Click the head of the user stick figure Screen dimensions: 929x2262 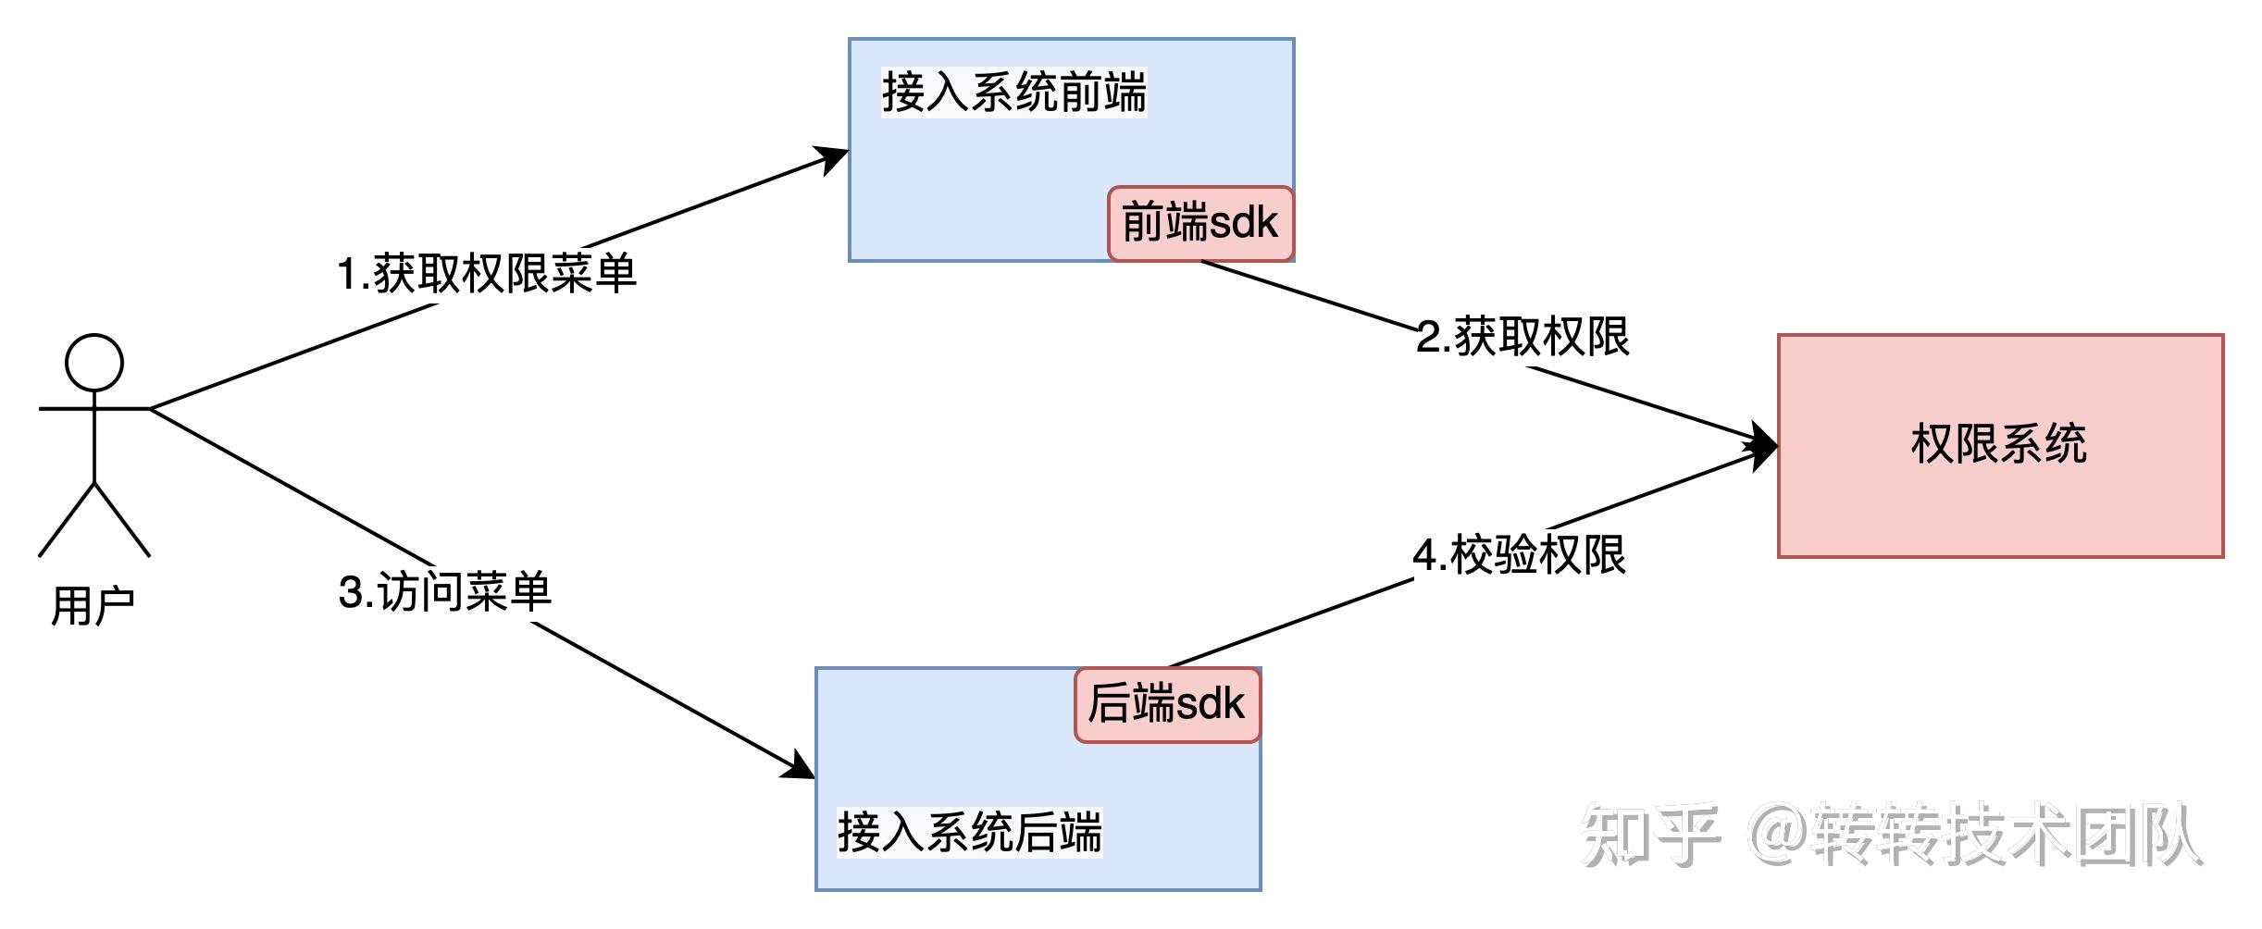pos(94,363)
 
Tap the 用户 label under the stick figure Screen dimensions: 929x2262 pos(93,607)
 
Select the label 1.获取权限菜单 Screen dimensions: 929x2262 pos(487,274)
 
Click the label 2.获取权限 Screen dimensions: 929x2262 pos(1522,337)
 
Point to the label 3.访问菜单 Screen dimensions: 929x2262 pos(445,592)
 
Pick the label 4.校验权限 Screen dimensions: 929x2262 pos(1519,555)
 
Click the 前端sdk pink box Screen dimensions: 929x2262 pos(1200,224)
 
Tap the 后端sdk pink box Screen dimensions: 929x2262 pos(1167,704)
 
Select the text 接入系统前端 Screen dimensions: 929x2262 pos(1013,93)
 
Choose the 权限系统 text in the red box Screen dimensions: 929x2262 pos(1999,444)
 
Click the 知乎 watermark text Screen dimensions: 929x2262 pos(1650,835)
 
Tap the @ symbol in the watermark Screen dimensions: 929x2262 pos(1779,835)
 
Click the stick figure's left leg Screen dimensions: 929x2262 pos(67,520)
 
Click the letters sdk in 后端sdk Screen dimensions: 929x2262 pos(1210,704)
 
